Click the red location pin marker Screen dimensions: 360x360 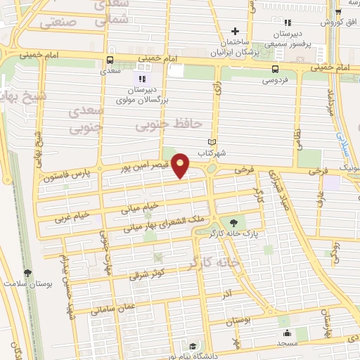tap(181, 166)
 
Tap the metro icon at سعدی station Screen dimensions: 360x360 tap(109, 60)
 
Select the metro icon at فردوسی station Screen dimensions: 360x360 tap(275, 69)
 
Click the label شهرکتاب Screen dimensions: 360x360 tap(210, 153)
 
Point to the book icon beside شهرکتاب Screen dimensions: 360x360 tap(221, 142)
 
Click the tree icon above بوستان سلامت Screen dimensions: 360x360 tap(27, 273)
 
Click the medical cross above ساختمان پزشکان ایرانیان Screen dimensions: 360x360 tap(236, 30)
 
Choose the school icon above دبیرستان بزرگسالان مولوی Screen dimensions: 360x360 tap(141, 78)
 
